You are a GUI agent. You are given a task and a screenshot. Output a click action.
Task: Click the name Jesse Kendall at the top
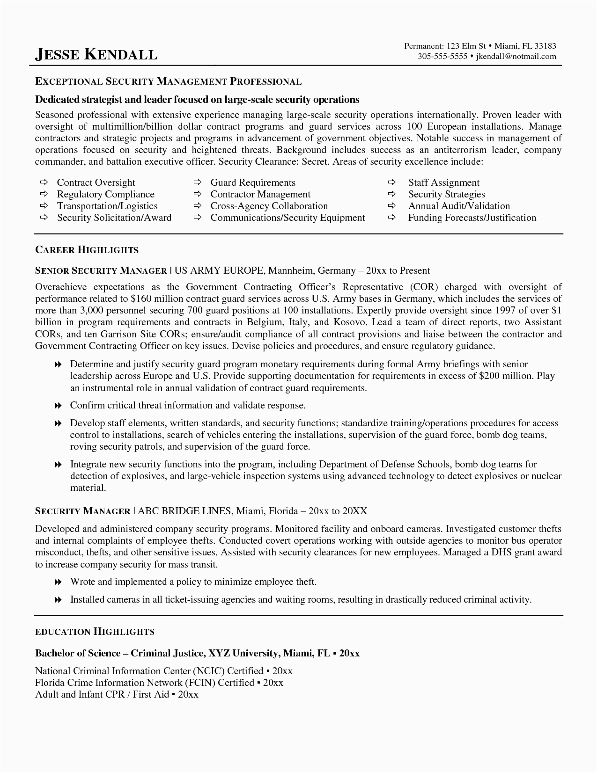(x=96, y=54)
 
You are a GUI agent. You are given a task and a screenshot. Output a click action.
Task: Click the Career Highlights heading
(x=87, y=250)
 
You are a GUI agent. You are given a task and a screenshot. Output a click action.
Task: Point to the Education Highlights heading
(x=95, y=632)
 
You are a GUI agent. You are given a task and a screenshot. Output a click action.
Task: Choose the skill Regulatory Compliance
(x=105, y=194)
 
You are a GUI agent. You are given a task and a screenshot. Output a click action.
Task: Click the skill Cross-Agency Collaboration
(x=269, y=206)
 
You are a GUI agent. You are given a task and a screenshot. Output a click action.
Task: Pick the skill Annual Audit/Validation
(x=459, y=206)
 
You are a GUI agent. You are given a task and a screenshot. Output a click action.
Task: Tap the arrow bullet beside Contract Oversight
(x=44, y=182)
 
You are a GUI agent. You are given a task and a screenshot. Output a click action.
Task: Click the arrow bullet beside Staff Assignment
(x=391, y=182)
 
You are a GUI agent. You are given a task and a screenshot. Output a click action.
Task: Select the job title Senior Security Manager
(x=101, y=270)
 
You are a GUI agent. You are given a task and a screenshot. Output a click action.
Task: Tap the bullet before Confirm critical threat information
(x=58, y=406)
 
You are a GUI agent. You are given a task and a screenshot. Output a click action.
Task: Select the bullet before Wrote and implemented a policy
(x=58, y=582)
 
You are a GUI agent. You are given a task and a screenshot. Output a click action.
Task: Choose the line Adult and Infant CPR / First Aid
(x=117, y=694)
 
